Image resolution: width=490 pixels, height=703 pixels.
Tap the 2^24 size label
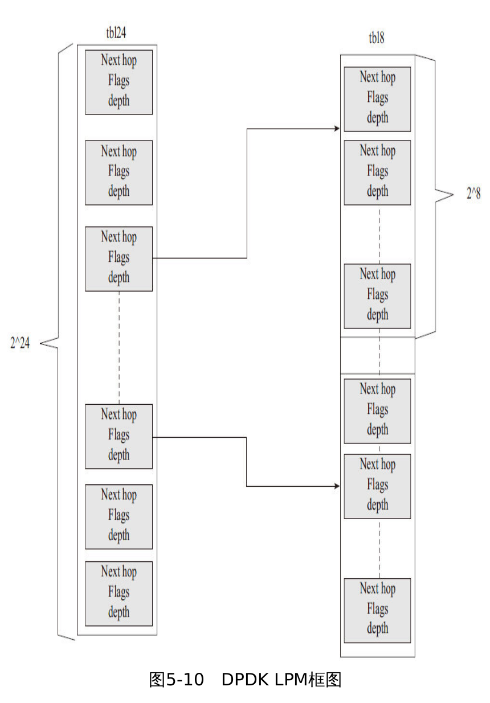coord(21,343)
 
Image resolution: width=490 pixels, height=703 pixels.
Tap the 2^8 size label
coord(473,194)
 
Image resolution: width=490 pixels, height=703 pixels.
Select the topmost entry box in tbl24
coord(119,81)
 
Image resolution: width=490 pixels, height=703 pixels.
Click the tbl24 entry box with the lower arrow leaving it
coord(119,436)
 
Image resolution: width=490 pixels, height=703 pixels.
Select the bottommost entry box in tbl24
coord(119,593)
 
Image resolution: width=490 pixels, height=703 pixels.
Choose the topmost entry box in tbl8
coord(377,98)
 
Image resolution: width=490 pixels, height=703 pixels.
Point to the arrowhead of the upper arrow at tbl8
coord(337,129)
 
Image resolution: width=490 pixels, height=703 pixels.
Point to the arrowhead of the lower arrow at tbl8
coord(337,487)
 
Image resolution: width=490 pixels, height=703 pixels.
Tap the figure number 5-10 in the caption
coord(185,680)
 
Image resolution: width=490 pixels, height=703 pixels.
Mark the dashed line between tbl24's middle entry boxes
coord(119,347)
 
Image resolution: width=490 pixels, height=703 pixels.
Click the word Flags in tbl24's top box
coord(119,81)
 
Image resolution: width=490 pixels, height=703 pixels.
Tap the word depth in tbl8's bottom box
coord(377,629)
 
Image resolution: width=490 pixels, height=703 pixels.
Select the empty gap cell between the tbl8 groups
coord(377,355)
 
